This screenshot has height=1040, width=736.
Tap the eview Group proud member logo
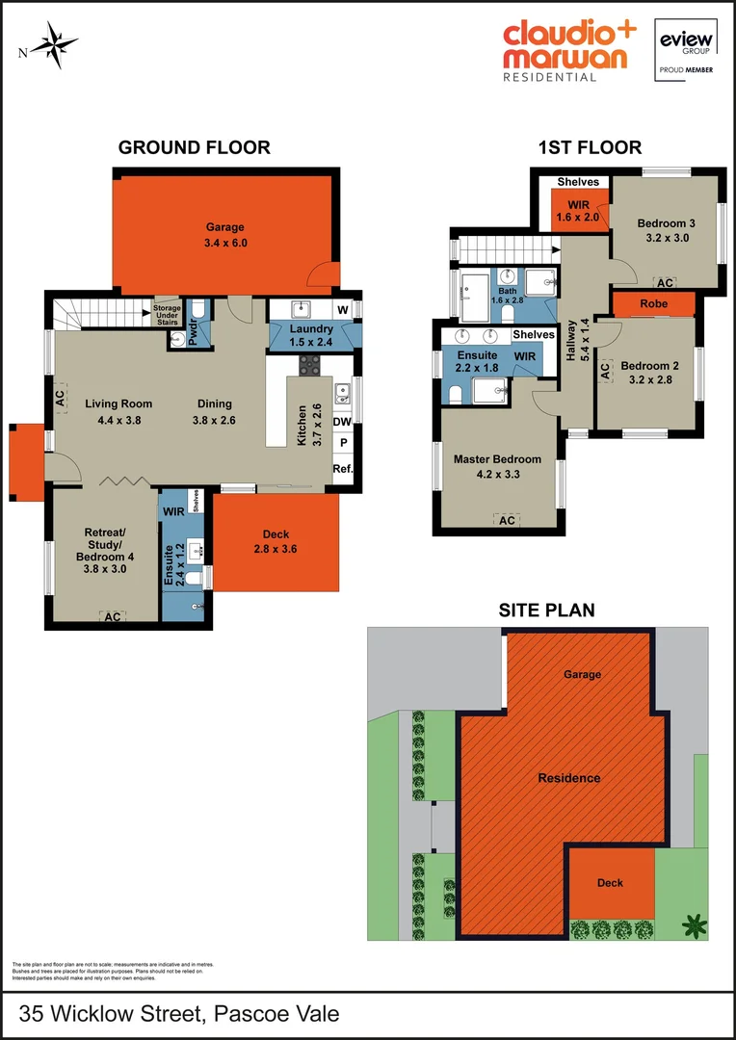(x=685, y=49)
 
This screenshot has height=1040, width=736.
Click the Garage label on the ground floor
(x=225, y=228)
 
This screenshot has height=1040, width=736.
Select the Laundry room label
(x=310, y=329)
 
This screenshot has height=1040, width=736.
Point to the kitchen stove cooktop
(x=310, y=365)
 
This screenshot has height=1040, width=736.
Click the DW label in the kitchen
(x=342, y=421)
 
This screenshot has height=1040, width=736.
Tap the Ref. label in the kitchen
(x=342, y=469)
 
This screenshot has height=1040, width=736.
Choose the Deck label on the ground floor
(x=276, y=535)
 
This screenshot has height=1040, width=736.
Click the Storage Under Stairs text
(x=167, y=315)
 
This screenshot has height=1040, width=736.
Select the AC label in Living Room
(x=60, y=396)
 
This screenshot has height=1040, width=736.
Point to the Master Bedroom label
(x=497, y=458)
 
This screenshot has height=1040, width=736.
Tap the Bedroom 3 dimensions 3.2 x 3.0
(x=666, y=238)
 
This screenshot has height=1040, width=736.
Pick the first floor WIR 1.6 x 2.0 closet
(x=577, y=212)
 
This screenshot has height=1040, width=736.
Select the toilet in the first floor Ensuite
(x=455, y=392)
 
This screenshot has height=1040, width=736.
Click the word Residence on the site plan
(x=568, y=778)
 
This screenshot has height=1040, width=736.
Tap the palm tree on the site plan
(x=693, y=926)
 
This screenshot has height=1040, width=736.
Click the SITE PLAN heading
(x=546, y=610)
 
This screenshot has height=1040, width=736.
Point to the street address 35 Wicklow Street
(x=179, y=1014)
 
